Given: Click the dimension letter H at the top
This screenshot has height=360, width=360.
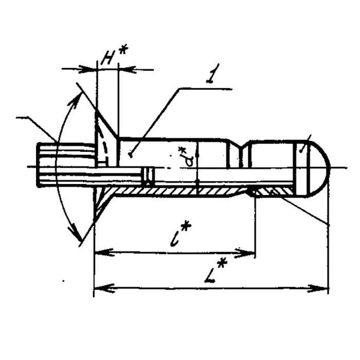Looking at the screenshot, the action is point(107,58).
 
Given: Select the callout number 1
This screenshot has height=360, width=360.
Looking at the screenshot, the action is point(212,73).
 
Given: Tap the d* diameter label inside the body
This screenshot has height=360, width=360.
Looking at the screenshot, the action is point(188,157).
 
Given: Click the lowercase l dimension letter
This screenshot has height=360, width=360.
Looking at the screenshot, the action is point(176,238).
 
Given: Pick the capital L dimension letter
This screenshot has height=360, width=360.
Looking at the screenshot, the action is point(210,274).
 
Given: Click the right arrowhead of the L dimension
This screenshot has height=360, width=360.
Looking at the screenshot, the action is point(317,289).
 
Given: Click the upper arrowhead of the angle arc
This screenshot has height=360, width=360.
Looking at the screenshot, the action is point(75,100).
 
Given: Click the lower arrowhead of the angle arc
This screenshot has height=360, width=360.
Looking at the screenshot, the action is point(75,231).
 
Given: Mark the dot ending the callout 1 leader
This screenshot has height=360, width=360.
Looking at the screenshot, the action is point(131,156).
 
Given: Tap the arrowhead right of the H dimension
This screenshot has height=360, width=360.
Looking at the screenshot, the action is point(128,69).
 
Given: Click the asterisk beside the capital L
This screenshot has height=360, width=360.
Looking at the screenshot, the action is point(223,264).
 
